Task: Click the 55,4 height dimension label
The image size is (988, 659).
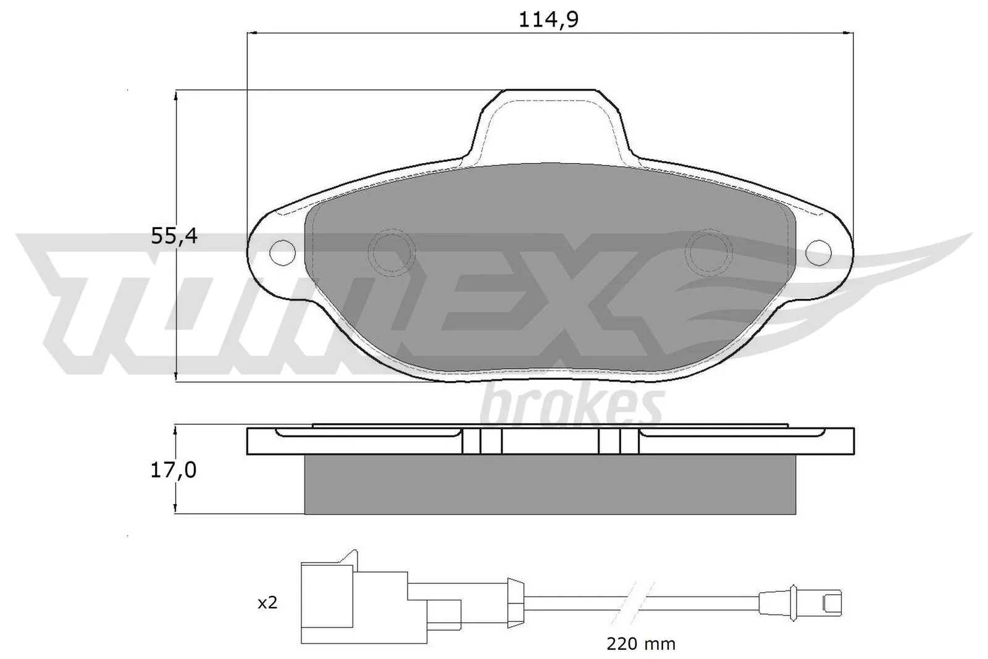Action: pyautogui.click(x=174, y=236)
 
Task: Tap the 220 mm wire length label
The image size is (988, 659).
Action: pyautogui.click(x=640, y=644)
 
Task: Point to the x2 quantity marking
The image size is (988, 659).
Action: pyautogui.click(x=267, y=603)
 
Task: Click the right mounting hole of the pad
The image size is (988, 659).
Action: pyautogui.click(x=818, y=251)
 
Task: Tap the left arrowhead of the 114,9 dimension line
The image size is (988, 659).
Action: pyautogui.click(x=251, y=33)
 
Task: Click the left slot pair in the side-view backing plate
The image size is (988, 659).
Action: pyautogui.click(x=482, y=441)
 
